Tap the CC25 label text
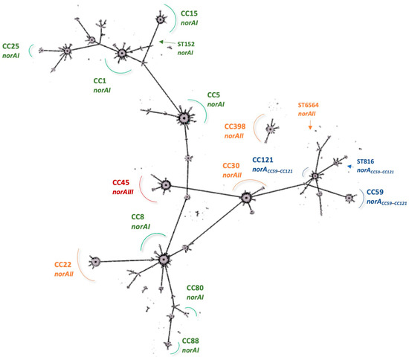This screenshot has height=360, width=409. [12, 45]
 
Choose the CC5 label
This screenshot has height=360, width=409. [215, 95]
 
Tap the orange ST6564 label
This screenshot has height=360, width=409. [312, 106]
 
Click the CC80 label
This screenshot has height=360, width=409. [195, 288]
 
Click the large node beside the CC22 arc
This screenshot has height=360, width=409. [94, 262]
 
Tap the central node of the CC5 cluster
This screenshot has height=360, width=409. [184, 118]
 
